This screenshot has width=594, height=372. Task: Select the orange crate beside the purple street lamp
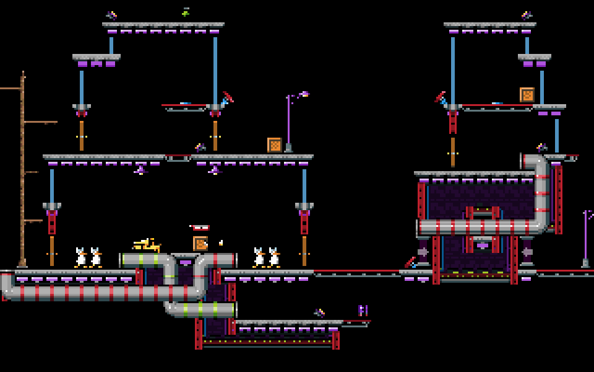pyautogui.click(x=275, y=145)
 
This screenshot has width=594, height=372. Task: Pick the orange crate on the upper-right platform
pyautogui.click(x=527, y=95)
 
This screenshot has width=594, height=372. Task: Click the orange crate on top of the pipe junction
pyautogui.click(x=200, y=244)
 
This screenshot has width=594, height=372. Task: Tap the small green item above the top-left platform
pyautogui.click(x=185, y=12)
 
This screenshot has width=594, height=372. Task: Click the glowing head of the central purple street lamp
pyautogui.click(x=303, y=94)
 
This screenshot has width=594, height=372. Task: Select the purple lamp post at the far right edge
pyautogui.click(x=585, y=239)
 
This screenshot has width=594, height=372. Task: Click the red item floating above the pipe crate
pyautogui.click(x=200, y=228)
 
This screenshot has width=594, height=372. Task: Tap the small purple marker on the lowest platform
pyautogui.click(x=363, y=310)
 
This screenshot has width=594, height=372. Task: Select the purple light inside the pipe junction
pyautogui.click(x=186, y=262)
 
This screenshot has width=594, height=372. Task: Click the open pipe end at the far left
pyautogui.click(x=6, y=285)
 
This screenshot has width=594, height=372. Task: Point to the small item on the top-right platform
pyautogui.click(x=527, y=15)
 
